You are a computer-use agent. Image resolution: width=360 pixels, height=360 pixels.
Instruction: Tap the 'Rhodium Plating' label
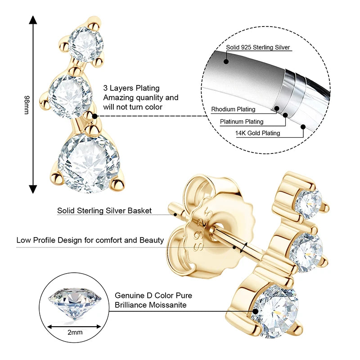(233, 109)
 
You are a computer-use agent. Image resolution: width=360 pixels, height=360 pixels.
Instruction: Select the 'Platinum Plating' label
(242, 121)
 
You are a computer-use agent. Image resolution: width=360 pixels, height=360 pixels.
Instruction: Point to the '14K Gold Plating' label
(257, 133)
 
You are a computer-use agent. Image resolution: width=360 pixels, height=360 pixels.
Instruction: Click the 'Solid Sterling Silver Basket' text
(104, 211)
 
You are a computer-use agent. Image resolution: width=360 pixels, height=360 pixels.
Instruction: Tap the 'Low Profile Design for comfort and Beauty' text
(90, 240)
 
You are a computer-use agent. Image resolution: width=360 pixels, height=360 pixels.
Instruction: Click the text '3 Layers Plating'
(131, 88)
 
